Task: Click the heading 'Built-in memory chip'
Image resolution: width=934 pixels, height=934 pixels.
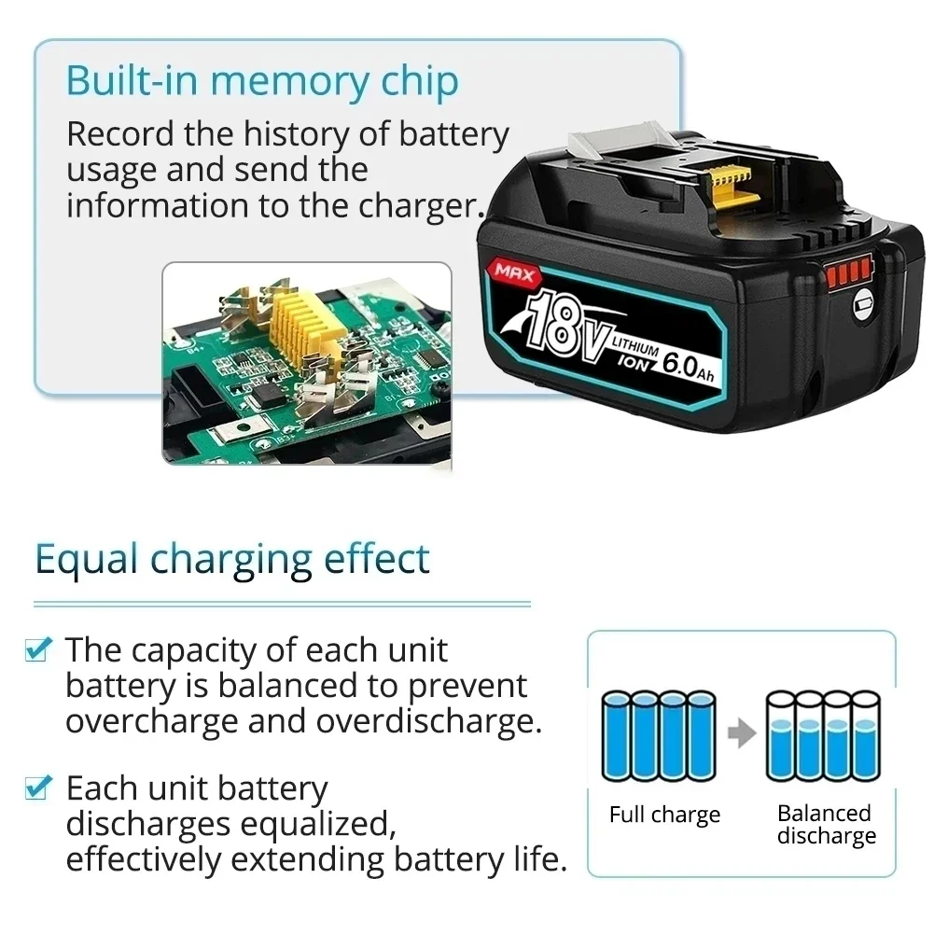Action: click(262, 82)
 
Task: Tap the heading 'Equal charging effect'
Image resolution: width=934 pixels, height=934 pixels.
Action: click(232, 559)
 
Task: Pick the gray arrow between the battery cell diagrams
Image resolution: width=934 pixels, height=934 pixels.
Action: click(741, 734)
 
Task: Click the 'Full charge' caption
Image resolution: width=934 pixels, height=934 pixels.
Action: click(664, 815)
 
